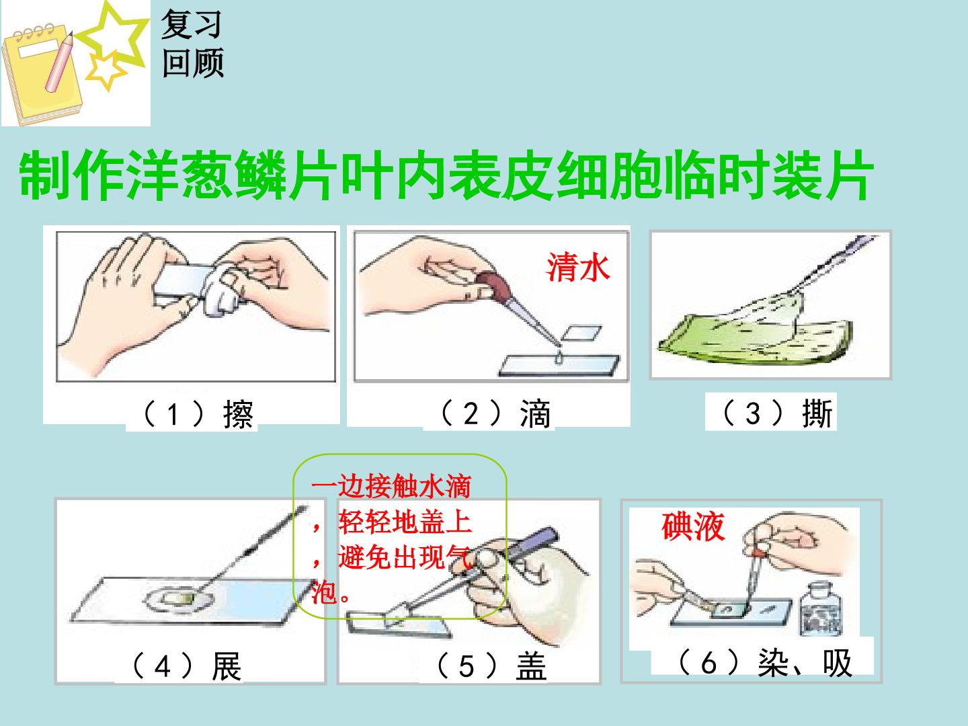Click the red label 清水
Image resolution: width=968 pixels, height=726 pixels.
(578, 267)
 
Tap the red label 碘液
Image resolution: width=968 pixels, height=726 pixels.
(693, 526)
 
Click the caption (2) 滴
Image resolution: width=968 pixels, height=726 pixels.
(495, 413)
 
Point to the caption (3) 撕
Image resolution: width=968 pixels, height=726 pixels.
(778, 413)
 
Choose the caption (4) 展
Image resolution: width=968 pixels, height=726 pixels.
(187, 665)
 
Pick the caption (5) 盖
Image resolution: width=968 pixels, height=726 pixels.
(491, 665)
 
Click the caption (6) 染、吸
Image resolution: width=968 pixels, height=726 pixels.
(765, 662)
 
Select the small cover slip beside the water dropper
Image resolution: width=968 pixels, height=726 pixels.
(581, 333)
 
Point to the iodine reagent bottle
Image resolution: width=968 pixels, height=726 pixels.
(821, 609)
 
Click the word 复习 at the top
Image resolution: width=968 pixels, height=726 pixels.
(191, 24)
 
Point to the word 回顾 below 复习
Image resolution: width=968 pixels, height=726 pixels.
(193, 63)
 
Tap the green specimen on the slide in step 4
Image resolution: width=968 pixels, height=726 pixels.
(179, 598)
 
